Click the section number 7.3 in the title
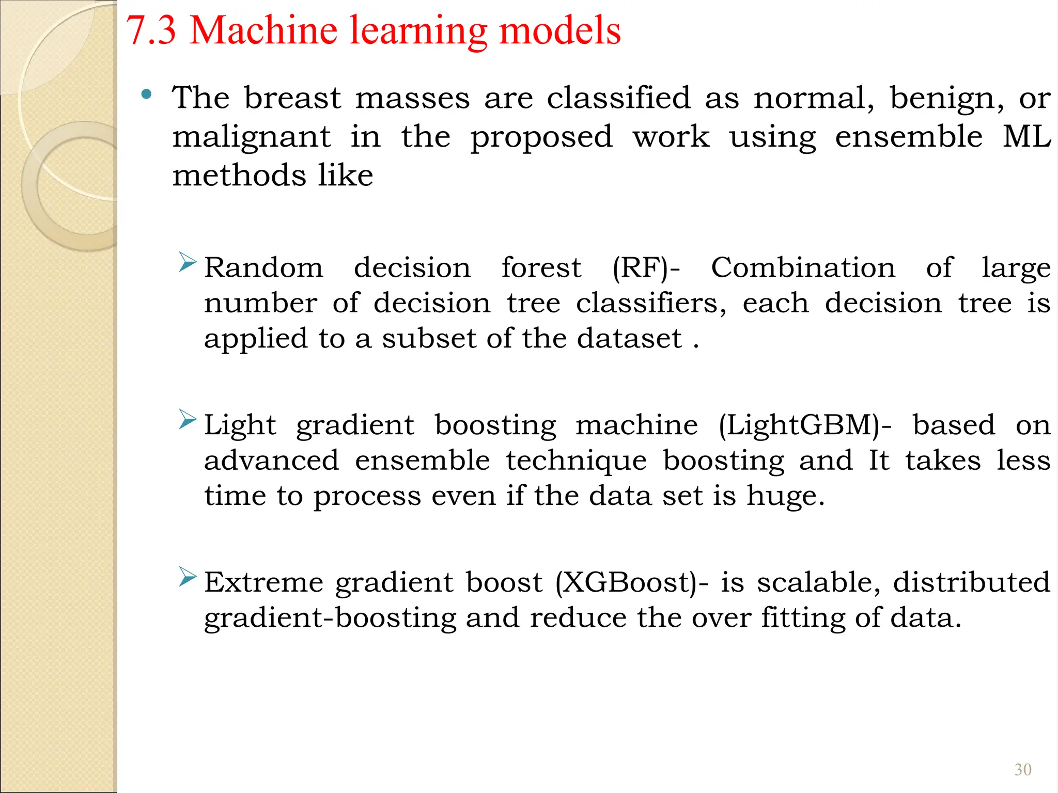point(151,30)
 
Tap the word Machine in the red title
point(264,30)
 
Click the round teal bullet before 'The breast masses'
point(147,94)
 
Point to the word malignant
point(252,138)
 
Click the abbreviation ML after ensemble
point(1026,137)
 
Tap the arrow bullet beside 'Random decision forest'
point(187,262)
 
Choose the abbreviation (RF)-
point(646,268)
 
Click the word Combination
point(803,268)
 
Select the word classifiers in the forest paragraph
point(651,303)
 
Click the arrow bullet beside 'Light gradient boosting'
point(187,419)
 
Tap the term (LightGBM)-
point(805,426)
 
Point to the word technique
point(576,461)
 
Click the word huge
point(785,497)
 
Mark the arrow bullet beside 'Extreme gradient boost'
point(187,576)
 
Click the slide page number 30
point(1023,770)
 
